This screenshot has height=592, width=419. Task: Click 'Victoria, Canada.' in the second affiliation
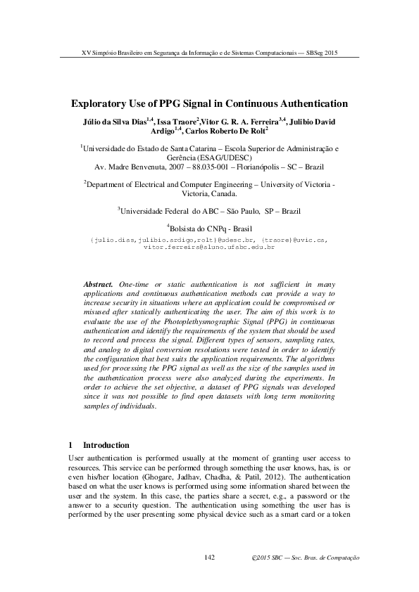point(209,193)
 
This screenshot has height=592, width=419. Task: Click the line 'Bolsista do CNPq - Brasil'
point(211,229)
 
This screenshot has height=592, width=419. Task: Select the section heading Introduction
point(106,445)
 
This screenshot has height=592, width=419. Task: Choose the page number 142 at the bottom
point(208,558)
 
